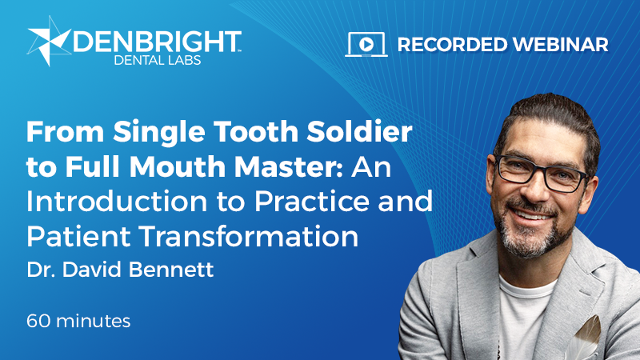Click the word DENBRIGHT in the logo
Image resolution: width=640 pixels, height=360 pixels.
(156, 42)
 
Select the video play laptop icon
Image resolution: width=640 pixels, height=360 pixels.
(366, 44)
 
